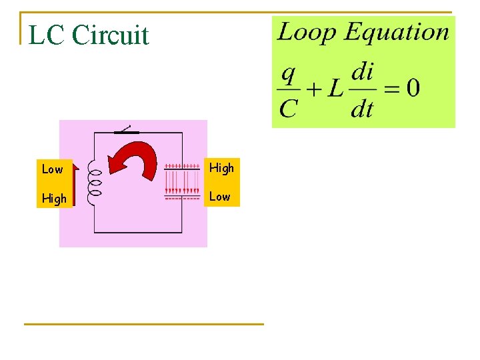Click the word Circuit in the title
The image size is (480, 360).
(110, 35)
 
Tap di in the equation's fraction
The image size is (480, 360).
(362, 72)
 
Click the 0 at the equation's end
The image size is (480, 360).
(413, 89)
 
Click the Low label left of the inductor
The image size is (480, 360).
(53, 169)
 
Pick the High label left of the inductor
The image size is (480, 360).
(54, 199)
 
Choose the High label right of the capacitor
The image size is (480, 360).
(221, 168)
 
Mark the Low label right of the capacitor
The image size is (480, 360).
(220, 197)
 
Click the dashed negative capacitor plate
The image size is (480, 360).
(182, 198)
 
